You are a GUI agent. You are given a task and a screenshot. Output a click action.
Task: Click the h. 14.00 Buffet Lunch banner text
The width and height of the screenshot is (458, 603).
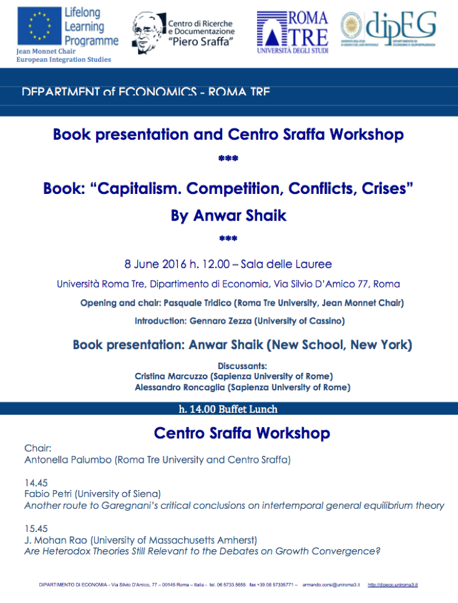click(x=228, y=410)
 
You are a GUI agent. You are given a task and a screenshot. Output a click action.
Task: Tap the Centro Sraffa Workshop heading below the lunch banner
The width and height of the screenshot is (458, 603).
click(x=242, y=433)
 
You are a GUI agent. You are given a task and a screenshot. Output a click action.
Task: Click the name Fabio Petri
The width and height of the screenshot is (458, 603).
click(x=47, y=493)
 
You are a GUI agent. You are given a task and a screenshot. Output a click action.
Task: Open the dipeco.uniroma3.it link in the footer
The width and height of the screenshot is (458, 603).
click(x=392, y=585)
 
